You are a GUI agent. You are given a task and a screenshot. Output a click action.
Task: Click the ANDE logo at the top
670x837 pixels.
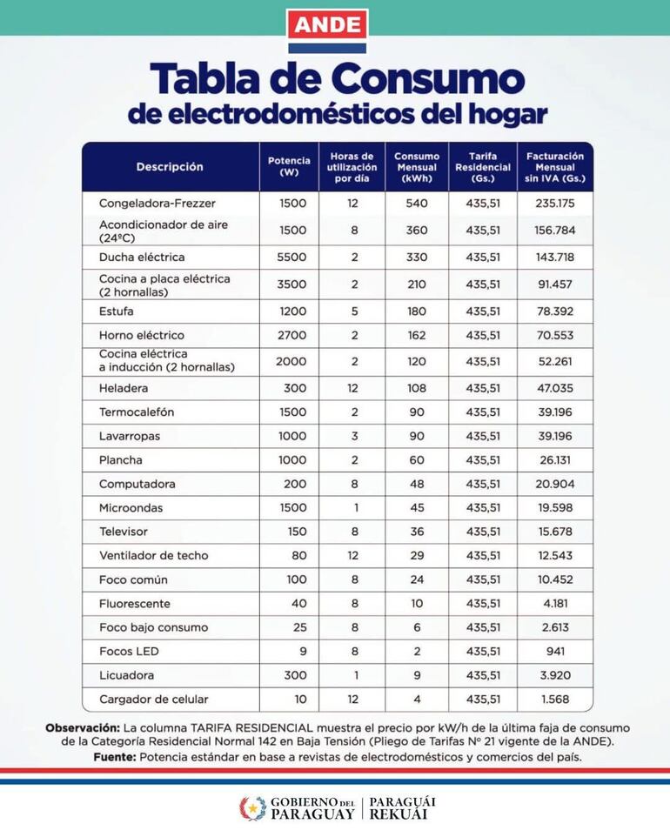click(x=327, y=26)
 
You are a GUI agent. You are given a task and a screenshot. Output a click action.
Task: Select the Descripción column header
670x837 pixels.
click(x=170, y=167)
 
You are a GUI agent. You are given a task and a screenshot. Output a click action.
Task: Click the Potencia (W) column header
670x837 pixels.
click(x=289, y=167)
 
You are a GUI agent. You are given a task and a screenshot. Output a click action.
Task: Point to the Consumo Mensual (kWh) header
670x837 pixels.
click(x=417, y=167)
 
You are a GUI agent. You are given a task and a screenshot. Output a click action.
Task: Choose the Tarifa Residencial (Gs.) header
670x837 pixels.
click(x=483, y=167)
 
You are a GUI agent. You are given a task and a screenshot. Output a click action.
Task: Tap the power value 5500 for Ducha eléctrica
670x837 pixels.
click(x=289, y=258)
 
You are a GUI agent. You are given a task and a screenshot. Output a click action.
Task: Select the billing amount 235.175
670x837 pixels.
click(x=555, y=204)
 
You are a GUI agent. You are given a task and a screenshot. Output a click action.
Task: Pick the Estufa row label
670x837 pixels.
click(x=117, y=311)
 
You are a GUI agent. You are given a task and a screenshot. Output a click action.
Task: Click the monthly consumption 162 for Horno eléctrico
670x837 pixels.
click(x=417, y=335)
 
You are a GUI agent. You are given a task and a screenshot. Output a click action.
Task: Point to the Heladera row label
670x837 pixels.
click(x=124, y=388)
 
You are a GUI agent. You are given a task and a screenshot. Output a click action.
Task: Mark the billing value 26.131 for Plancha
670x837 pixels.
click(x=555, y=460)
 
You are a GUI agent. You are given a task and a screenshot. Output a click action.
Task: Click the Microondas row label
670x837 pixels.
click(x=131, y=508)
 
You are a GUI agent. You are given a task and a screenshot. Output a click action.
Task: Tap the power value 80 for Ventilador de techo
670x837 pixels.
click(x=289, y=556)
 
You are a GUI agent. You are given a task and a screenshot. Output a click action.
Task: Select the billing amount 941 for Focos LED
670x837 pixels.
click(x=555, y=652)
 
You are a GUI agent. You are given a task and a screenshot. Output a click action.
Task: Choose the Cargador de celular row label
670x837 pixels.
click(x=154, y=700)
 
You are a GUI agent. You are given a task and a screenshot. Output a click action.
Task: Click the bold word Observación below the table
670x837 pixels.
click(x=83, y=727)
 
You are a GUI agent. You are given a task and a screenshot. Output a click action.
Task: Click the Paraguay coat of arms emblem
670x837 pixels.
click(x=252, y=808)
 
